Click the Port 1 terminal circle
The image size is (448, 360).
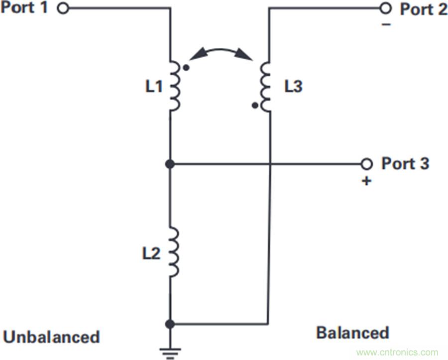63,8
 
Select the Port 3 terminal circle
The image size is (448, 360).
366,163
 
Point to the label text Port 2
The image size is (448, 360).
422,9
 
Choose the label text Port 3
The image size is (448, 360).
405,163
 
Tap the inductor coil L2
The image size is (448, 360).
174,251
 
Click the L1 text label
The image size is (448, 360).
154,87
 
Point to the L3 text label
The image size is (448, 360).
293,87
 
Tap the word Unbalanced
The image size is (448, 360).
51,337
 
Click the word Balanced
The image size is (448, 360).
352,332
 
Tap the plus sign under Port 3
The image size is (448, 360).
366,181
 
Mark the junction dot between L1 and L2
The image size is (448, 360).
170,163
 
